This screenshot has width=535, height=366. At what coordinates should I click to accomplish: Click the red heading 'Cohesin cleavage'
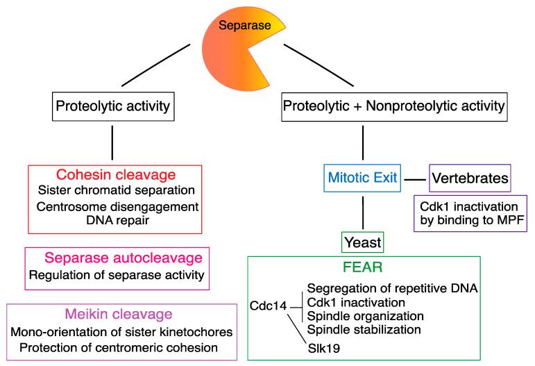(x=116, y=175)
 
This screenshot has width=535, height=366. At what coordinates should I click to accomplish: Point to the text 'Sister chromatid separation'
(x=117, y=190)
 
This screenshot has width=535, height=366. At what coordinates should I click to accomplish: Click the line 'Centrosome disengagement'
(x=117, y=206)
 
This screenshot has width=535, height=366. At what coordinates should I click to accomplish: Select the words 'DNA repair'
(x=118, y=220)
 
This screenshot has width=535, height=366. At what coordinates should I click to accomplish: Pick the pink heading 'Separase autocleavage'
(x=124, y=258)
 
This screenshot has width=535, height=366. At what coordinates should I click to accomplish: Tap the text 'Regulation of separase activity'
(x=117, y=275)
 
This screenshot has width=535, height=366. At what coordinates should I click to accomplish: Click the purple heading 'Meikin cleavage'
(x=119, y=314)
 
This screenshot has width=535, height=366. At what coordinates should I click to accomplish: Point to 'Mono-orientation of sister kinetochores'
(x=122, y=332)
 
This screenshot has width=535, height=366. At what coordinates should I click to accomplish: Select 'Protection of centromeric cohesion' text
(x=119, y=347)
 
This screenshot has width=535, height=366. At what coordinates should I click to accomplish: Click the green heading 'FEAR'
(x=363, y=267)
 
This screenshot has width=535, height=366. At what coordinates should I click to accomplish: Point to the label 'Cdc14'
(x=268, y=306)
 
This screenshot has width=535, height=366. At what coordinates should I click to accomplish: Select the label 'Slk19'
(x=324, y=348)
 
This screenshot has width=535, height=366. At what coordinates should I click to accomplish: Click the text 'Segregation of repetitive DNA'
(x=392, y=288)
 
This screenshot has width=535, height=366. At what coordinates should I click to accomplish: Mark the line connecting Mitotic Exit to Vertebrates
(x=415, y=179)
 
